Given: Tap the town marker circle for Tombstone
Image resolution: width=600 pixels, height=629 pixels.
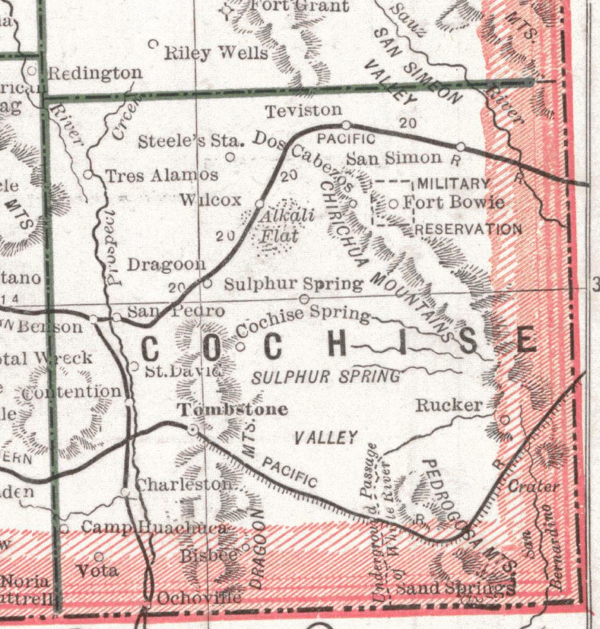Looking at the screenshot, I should [193, 429].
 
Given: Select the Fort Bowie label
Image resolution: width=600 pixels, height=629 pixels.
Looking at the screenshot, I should [453, 202].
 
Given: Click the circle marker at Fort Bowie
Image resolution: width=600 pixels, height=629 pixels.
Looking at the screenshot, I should [393, 204].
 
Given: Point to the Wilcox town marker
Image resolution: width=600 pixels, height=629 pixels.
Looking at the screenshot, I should [260, 203].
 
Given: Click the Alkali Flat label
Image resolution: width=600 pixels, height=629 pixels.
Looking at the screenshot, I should [278, 225].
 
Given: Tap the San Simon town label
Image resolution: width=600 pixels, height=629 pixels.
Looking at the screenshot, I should [395, 158].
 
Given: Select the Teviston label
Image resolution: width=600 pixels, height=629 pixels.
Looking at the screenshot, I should [304, 111].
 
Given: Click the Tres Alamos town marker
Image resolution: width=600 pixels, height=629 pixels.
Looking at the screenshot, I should [88, 175].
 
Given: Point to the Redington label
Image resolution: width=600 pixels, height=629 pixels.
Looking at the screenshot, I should [95, 73].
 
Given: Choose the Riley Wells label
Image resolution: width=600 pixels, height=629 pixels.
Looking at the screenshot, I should [216, 53].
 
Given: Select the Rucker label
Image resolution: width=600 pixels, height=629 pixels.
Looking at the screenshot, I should [449, 405].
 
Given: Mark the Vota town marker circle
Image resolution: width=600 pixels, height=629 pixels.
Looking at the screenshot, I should [99, 556].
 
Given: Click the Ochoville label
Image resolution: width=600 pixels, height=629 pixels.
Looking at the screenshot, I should [199, 598].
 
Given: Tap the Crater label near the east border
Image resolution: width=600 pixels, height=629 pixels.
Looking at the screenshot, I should [534, 486].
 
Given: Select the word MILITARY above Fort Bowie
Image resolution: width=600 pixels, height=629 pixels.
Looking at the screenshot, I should [454, 183].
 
